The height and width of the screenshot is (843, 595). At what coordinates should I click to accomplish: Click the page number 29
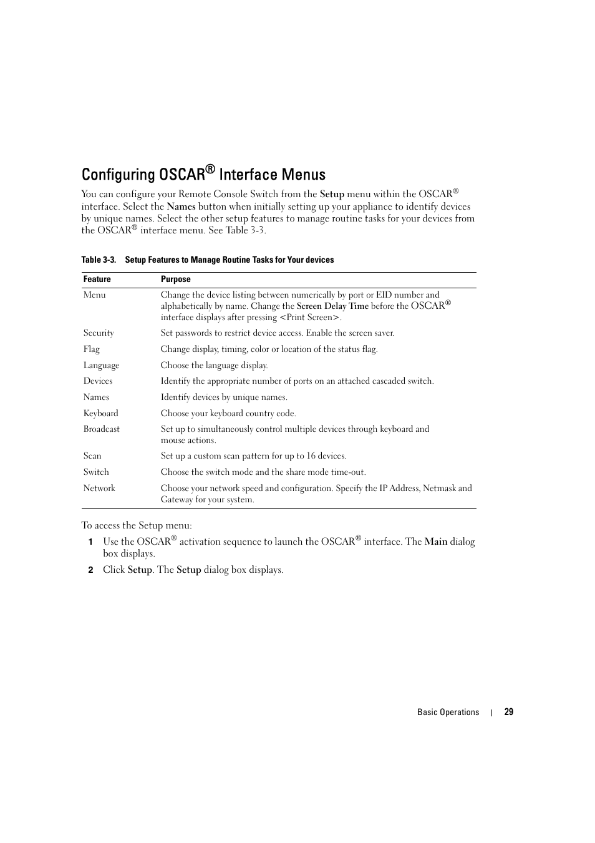[x=508, y=712]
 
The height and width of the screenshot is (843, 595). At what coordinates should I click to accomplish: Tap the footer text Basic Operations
[x=448, y=712]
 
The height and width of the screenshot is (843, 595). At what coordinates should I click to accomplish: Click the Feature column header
[x=97, y=280]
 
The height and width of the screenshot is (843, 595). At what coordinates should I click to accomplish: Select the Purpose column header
[x=175, y=280]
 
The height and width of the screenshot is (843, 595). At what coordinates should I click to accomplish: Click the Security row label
[x=99, y=333]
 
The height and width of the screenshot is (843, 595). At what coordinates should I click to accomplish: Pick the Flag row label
[x=91, y=349]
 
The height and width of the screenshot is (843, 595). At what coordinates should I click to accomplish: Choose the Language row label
[x=101, y=366]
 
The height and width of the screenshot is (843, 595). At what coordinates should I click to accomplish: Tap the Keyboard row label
[x=100, y=413]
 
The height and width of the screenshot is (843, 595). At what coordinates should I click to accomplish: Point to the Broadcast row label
[x=101, y=429]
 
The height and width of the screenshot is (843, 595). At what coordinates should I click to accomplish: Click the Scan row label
[x=92, y=456]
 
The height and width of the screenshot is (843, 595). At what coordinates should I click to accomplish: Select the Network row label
[x=99, y=489]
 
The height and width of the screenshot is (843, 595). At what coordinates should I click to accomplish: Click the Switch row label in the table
[x=96, y=472]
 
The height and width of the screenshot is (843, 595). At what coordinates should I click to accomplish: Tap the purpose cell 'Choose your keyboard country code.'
[x=228, y=413]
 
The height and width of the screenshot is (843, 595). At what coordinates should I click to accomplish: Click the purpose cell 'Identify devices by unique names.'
[x=224, y=397]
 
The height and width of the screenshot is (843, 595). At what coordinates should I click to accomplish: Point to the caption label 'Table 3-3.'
[x=99, y=260]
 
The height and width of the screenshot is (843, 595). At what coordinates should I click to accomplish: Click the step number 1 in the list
[x=90, y=542]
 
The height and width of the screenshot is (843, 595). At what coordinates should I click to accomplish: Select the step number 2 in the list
[x=90, y=570]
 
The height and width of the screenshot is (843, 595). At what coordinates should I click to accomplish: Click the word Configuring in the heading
[x=118, y=175]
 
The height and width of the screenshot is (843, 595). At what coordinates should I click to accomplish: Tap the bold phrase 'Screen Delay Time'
[x=332, y=306]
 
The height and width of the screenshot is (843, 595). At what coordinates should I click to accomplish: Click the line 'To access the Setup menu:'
[x=137, y=525]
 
